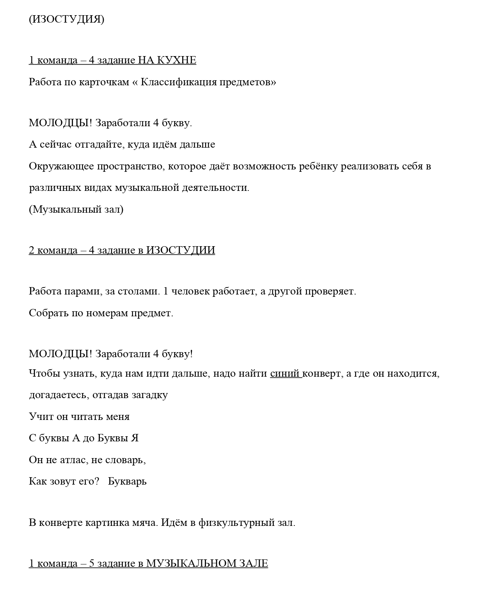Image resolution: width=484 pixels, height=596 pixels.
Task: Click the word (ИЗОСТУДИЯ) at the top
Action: click(x=66, y=19)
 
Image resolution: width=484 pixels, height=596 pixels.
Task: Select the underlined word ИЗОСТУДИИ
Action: click(x=181, y=250)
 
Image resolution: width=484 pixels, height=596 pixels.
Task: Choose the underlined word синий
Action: click(x=285, y=374)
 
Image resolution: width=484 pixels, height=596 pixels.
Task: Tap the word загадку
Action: click(x=150, y=395)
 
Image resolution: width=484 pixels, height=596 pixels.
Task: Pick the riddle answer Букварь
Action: click(x=127, y=481)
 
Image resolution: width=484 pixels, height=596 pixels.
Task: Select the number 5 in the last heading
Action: click(x=92, y=564)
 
